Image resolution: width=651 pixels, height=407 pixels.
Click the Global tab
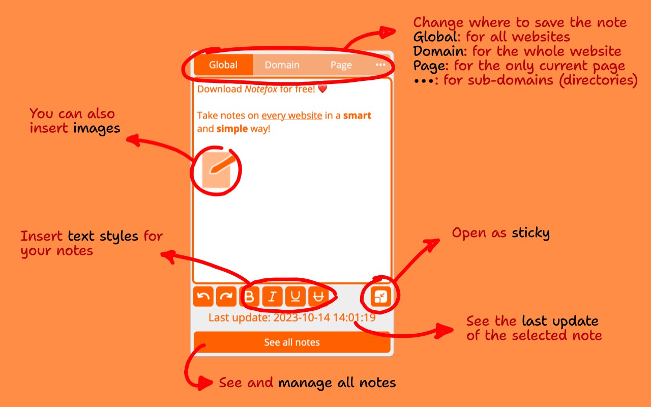pyautogui.click(x=223, y=65)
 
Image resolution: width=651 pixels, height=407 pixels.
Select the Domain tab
pyautogui.click(x=282, y=65)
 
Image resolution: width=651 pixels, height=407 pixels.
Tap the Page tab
pyautogui.click(x=341, y=65)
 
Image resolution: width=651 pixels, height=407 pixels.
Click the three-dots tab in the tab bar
pyautogui.click(x=380, y=65)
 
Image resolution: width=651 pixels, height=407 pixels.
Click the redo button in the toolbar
pyautogui.click(x=226, y=297)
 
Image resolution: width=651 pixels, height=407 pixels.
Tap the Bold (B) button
pyautogui.click(x=249, y=297)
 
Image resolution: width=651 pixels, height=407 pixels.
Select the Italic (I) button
pyautogui.click(x=272, y=297)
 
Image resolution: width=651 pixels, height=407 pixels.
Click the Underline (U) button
pyautogui.click(x=295, y=297)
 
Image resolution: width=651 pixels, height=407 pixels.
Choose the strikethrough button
pyautogui.click(x=318, y=297)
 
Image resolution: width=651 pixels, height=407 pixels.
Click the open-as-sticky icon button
pyautogui.click(x=381, y=297)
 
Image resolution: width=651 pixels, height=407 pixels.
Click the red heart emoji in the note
pyautogui.click(x=322, y=89)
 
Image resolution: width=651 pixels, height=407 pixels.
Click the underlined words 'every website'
pyautogui.click(x=292, y=115)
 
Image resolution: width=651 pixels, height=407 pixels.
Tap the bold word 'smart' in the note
pyautogui.click(x=357, y=115)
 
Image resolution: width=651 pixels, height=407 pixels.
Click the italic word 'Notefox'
pyautogui.click(x=261, y=89)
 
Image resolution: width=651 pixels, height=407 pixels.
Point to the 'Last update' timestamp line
pyautogui.click(x=292, y=317)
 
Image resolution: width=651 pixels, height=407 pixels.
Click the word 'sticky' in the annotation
pyautogui.click(x=530, y=233)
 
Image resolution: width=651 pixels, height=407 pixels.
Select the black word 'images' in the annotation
pyautogui.click(x=97, y=129)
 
